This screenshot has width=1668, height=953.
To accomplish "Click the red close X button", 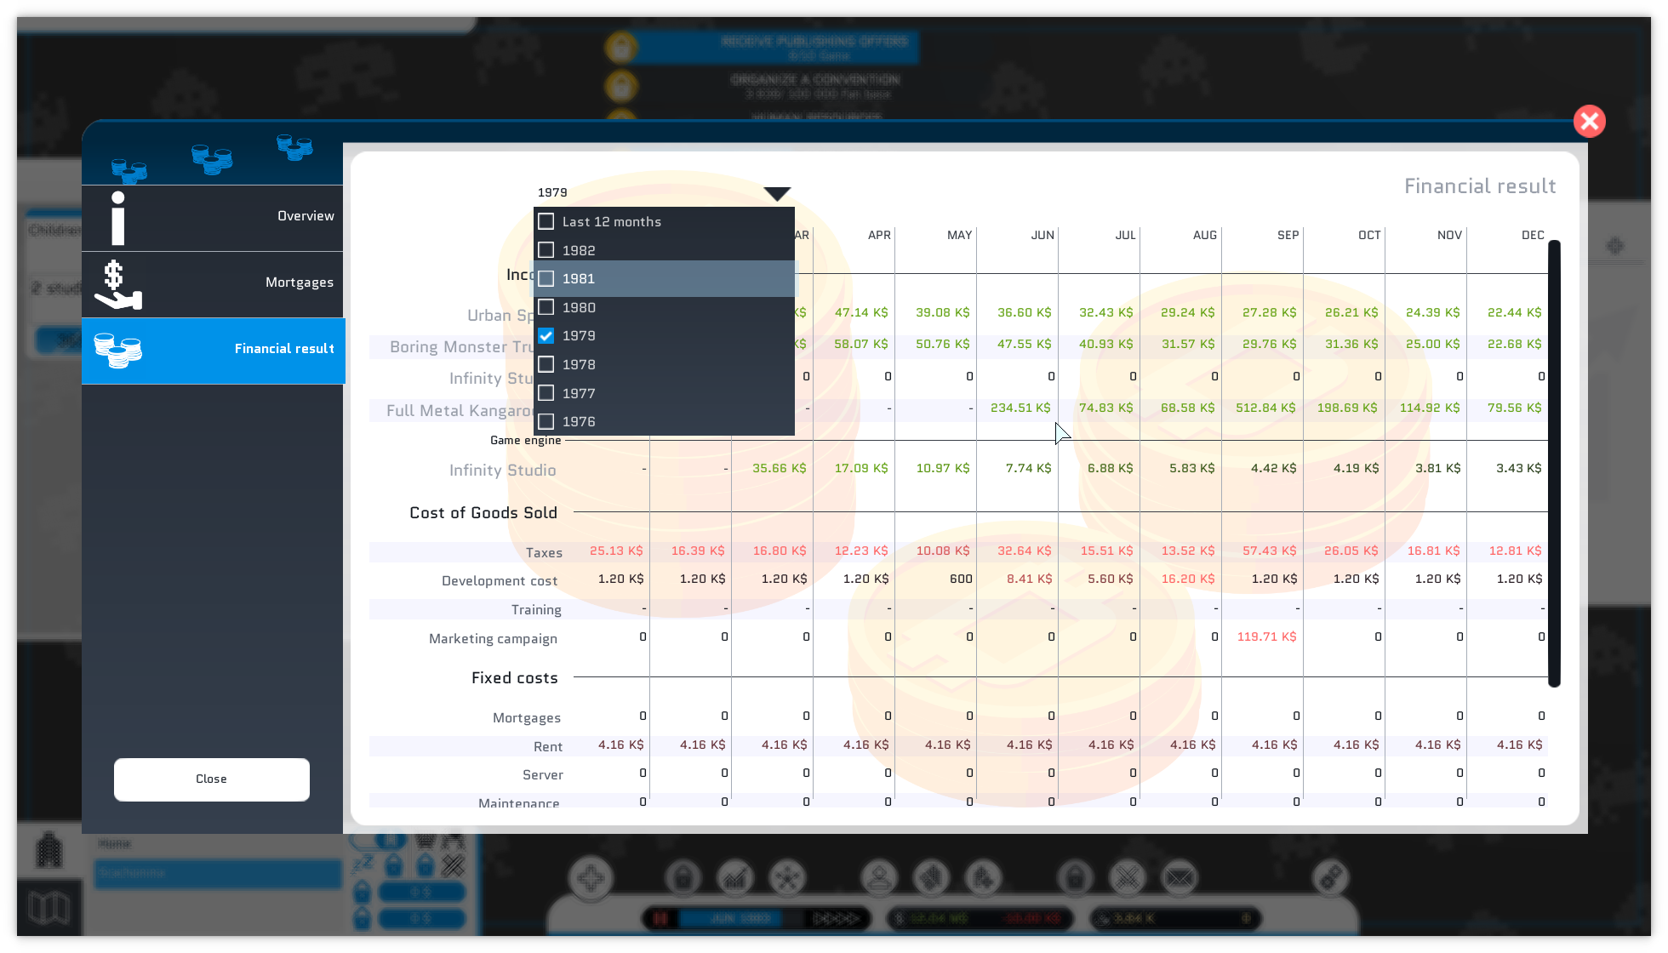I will tap(1589, 122).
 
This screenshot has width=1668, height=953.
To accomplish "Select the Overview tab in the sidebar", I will tap(213, 217).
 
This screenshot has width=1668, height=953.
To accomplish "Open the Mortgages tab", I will tap(213, 283).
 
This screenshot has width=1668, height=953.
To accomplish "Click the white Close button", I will tap(211, 779).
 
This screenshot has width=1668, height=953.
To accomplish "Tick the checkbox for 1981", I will tap(546, 279).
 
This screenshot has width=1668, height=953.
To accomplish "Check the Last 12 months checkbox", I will tap(546, 222).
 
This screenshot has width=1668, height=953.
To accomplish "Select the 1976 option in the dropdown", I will tap(579, 422).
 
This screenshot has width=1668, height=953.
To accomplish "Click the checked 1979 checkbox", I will tap(546, 336).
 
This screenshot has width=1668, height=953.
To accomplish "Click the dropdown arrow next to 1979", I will tap(776, 194).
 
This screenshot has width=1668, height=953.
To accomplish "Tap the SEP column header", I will tap(1288, 236).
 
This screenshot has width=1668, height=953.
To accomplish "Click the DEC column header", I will tap(1532, 236).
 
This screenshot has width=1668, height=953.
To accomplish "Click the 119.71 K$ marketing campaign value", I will tap(1266, 637).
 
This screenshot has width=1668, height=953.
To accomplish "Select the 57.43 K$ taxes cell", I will tap(1269, 551).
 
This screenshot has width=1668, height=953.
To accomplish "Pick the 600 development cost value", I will tap(961, 579).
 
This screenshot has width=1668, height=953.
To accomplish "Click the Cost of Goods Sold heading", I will tap(483, 513).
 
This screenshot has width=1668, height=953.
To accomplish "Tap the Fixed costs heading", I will tap(514, 678).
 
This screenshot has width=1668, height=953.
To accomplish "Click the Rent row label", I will tap(547, 747).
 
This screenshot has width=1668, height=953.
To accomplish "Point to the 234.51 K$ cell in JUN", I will tap(1020, 408).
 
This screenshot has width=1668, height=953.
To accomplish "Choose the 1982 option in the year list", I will tap(579, 251).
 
